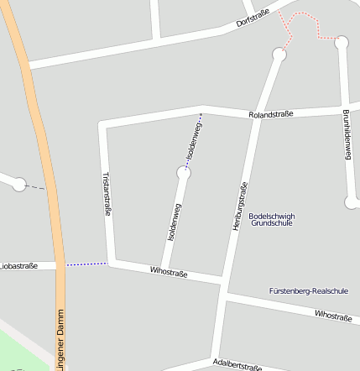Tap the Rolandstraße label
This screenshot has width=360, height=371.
270,114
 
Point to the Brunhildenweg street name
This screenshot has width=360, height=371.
346,135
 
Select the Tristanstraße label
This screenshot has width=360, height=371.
107,195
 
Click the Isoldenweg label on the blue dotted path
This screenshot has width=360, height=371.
193,142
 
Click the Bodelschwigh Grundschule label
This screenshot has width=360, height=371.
273,220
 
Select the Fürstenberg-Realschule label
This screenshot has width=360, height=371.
308,290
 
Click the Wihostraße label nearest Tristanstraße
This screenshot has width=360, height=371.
168,272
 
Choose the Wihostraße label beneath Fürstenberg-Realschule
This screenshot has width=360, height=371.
332,316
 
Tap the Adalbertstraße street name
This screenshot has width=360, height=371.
237,364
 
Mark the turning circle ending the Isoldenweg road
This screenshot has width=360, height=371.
184,173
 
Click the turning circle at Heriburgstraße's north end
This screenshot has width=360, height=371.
279,55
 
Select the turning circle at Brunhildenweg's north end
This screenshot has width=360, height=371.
342,41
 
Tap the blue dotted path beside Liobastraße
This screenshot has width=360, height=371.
86,264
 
